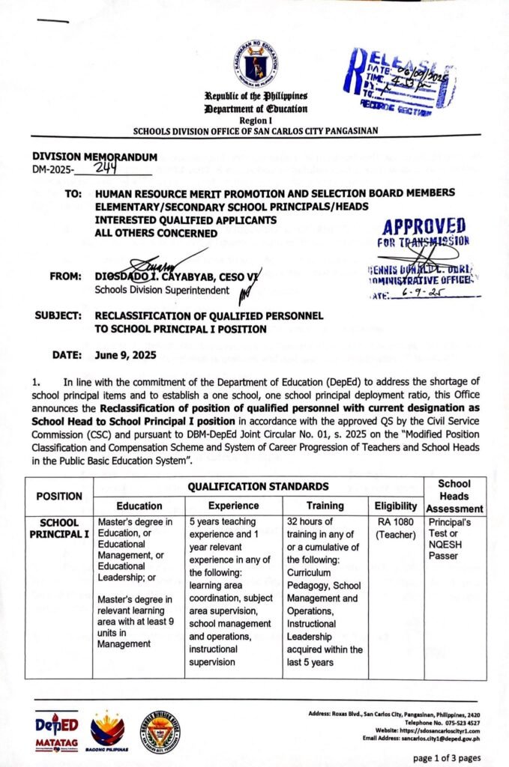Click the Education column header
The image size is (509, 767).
pos(139,506)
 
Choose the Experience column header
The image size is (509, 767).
pos(233,506)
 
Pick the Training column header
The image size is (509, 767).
pos(325,506)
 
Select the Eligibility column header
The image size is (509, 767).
pos(396,506)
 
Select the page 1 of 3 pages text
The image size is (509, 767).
pos(446,758)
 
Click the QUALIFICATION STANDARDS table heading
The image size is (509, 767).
pos(257,487)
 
